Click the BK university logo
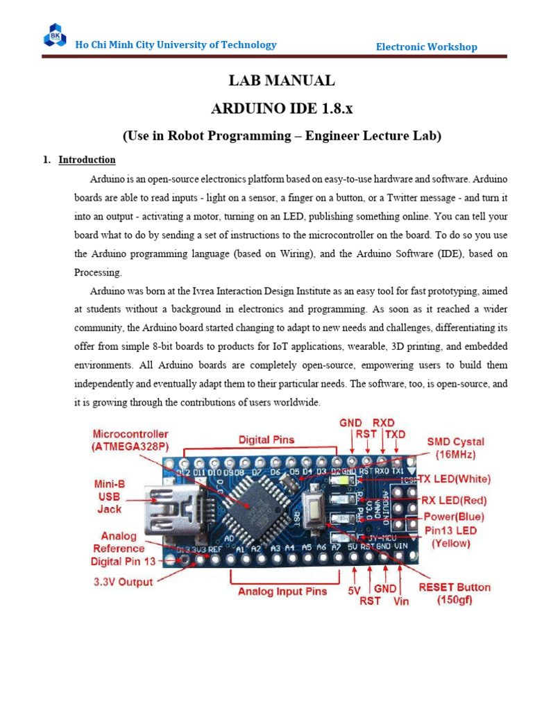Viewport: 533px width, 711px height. pyautogui.click(x=54, y=35)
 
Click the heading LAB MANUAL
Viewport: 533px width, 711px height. pyautogui.click(x=282, y=81)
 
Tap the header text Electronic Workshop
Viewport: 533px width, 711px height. pyautogui.click(x=426, y=47)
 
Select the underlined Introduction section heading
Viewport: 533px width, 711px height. pyautogui.click(x=87, y=160)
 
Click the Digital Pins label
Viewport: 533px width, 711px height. pyautogui.click(x=266, y=440)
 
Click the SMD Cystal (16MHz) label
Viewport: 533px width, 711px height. pyautogui.click(x=455, y=447)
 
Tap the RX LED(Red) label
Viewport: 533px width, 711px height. pyautogui.click(x=454, y=500)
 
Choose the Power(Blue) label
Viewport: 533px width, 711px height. pyautogui.click(x=454, y=517)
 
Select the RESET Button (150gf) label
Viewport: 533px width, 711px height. pyautogui.click(x=455, y=594)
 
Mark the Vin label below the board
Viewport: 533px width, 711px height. pyautogui.click(x=401, y=601)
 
